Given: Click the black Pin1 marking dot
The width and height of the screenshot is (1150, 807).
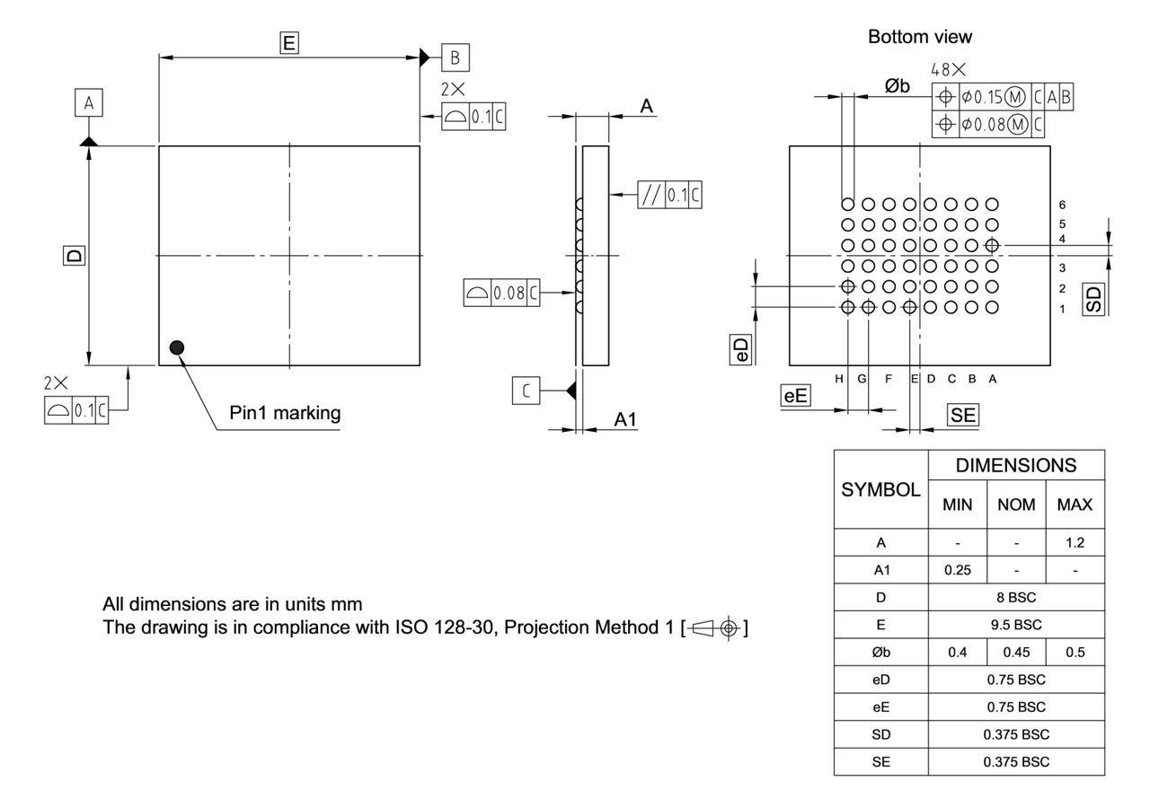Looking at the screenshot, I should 177,347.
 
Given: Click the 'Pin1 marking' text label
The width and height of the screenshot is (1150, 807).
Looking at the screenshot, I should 283,413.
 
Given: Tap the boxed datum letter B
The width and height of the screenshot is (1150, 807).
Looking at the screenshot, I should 456,57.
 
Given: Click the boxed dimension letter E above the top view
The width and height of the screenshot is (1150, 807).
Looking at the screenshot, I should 289,42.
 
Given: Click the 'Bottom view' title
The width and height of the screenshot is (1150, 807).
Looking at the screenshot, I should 919,37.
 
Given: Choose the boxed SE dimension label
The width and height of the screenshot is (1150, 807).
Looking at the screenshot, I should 963,414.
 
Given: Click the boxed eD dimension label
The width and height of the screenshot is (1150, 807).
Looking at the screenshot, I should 740,351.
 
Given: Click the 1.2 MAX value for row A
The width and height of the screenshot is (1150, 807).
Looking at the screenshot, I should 1075,543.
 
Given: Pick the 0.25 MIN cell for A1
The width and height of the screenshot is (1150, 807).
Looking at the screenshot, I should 957,570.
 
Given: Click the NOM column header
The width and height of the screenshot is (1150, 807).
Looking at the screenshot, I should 1015,504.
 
